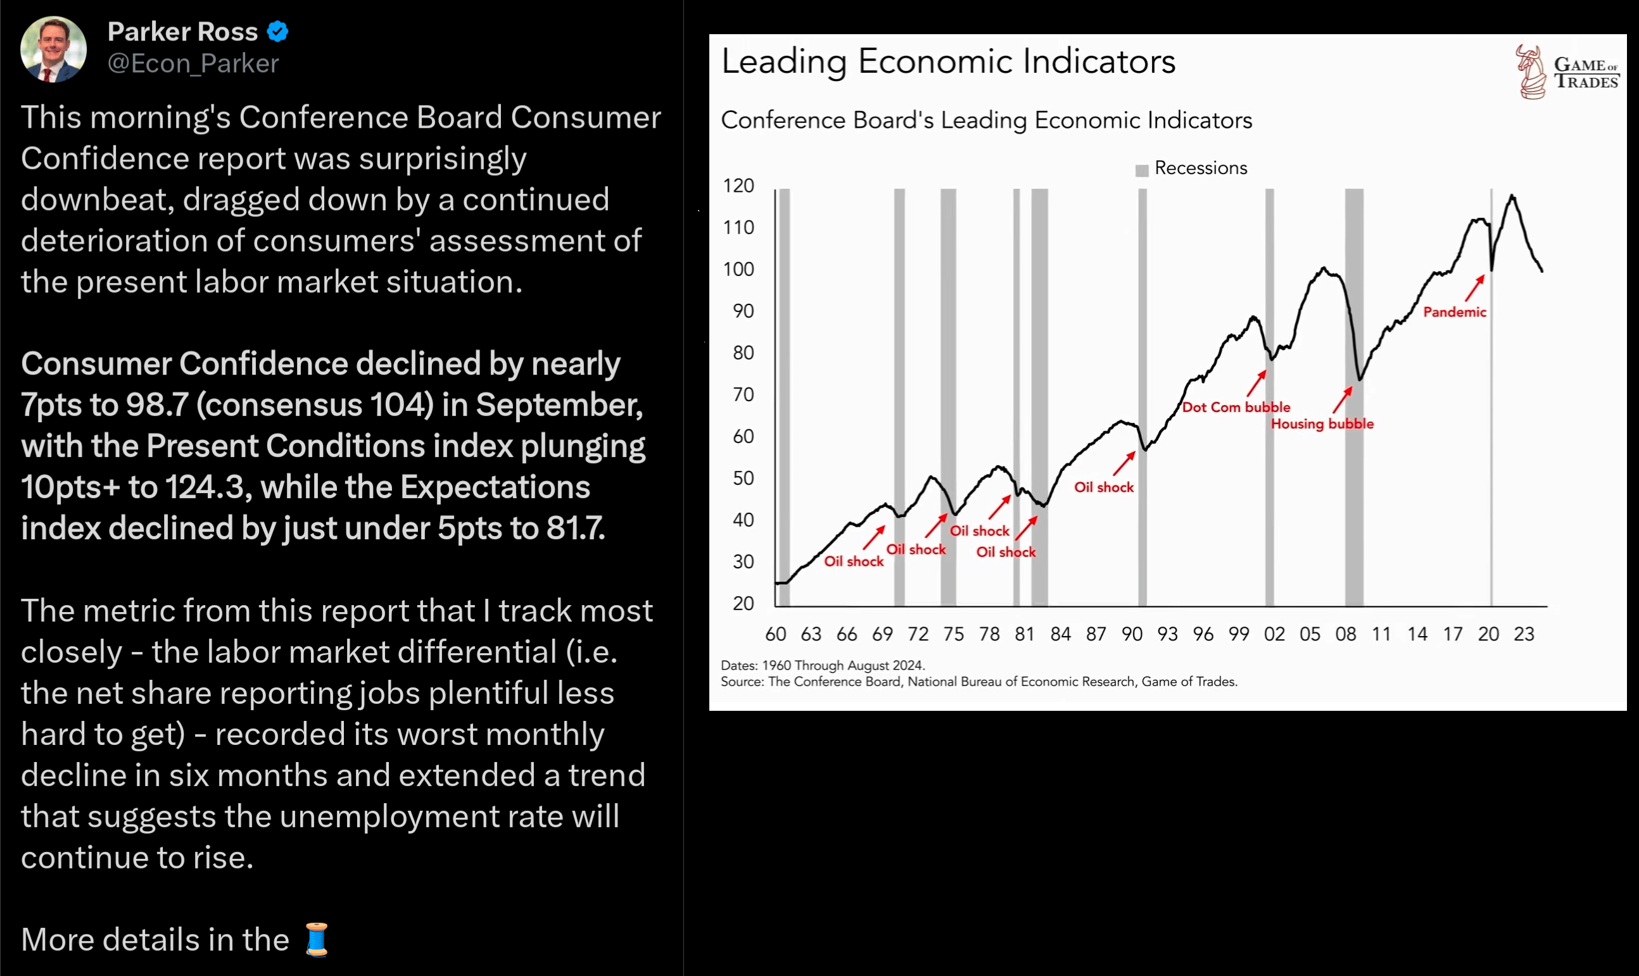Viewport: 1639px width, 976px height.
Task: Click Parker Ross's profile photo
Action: coord(53,49)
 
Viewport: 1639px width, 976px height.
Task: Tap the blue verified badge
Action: coord(277,32)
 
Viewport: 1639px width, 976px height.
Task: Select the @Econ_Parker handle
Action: coord(193,64)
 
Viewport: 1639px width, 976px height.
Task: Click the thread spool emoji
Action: coord(317,939)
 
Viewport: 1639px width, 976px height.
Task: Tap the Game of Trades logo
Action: coord(1567,72)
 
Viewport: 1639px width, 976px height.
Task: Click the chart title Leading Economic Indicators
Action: coord(948,61)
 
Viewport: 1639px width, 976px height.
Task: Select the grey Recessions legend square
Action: coord(1142,170)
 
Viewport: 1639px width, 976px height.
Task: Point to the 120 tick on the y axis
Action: coord(738,186)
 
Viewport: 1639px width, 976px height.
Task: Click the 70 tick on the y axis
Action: coord(744,394)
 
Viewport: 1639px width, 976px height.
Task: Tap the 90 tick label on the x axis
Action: coord(1132,634)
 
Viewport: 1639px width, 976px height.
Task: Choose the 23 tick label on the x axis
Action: coord(1524,634)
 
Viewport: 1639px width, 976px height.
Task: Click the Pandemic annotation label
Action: coord(1455,313)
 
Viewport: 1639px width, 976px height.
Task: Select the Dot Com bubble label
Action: coord(1236,407)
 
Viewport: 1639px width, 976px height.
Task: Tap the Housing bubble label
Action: coord(1322,424)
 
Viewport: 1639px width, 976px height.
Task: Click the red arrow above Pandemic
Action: coord(1474,288)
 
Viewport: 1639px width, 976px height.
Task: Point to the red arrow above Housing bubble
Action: coord(1342,400)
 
